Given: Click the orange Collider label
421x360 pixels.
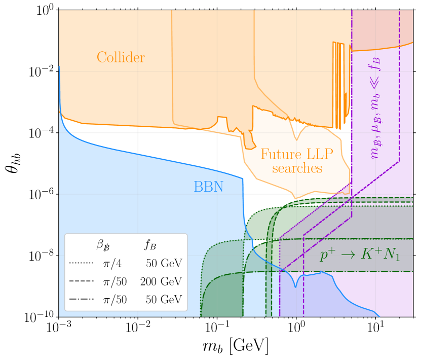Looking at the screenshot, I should coord(121,58).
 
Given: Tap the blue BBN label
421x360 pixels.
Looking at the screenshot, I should coord(208,187).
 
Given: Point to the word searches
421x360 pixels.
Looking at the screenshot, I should coord(297,168).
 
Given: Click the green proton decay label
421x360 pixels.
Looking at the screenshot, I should coord(360,255).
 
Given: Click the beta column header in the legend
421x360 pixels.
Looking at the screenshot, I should coord(103,245).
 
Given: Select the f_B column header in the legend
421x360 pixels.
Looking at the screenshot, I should coord(150,245).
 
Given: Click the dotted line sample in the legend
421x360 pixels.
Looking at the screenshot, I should coord(81,263).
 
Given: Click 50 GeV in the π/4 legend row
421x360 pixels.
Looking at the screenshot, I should coord(164,264).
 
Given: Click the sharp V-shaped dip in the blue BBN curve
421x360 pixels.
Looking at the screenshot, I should coord(296,286).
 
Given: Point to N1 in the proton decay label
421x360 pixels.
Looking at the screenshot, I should coord(391,256).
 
